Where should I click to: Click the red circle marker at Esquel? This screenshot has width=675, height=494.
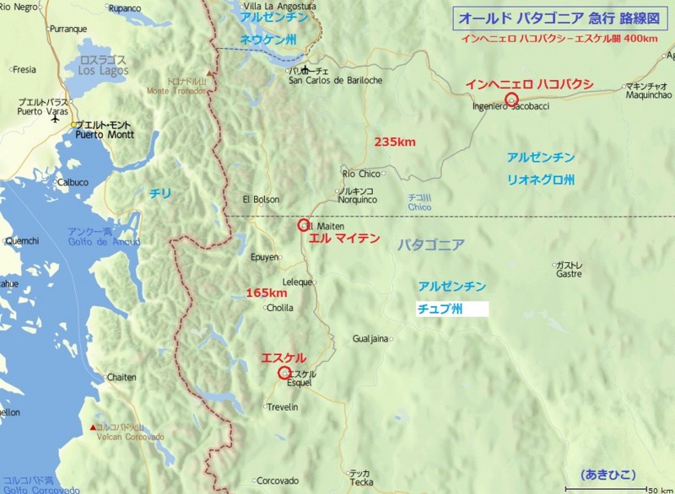[x=283, y=373]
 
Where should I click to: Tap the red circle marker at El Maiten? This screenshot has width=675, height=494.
[x=304, y=225]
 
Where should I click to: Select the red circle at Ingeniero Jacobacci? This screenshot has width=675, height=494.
[x=510, y=99]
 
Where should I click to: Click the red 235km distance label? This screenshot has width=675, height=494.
[x=394, y=142]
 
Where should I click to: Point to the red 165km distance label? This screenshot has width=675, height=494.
[x=266, y=293]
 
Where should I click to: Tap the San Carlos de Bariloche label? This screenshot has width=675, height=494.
[x=336, y=80]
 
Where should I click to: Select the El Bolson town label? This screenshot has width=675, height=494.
[x=259, y=200]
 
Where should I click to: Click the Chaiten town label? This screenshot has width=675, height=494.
[x=121, y=377]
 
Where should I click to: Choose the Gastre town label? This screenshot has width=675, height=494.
[x=570, y=273]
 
